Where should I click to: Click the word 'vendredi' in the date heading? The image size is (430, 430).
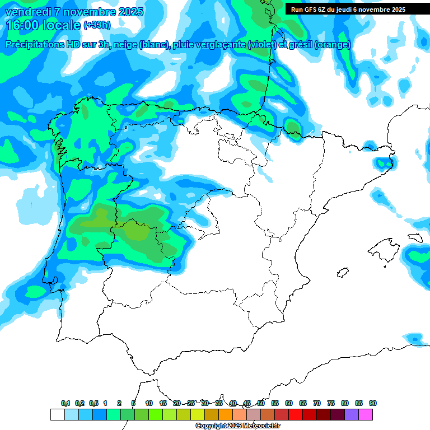tap(28, 12)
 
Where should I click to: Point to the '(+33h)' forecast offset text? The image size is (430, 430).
tap(97, 25)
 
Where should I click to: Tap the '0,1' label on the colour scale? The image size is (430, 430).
tap(66, 403)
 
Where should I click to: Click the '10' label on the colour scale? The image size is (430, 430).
tap(149, 403)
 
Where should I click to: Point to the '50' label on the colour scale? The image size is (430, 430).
tap(261, 403)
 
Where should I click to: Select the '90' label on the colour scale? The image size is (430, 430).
tap(373, 403)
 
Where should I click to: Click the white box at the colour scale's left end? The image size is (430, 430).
tap(57, 414)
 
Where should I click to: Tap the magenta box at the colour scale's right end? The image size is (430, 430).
tap(366, 414)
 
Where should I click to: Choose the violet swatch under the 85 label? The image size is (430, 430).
tap(352, 414)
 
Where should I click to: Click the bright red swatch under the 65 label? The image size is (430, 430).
tap(296, 414)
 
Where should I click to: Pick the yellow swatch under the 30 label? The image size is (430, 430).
tap(198, 414)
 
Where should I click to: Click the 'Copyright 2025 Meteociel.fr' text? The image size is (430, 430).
tap(238, 426)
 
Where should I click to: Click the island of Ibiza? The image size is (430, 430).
tap(342, 273)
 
